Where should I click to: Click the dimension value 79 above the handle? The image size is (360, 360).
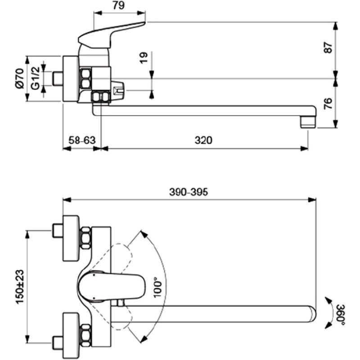pyautogui.click(x=119, y=5)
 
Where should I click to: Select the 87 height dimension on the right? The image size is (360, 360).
pyautogui.click(x=328, y=48)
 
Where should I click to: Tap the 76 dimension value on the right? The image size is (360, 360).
pyautogui.click(x=328, y=103)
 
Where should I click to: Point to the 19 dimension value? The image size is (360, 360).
pyautogui.click(x=144, y=58)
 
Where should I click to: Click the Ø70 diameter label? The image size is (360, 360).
pyautogui.click(x=20, y=78)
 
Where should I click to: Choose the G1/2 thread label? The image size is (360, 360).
pyautogui.click(x=36, y=78)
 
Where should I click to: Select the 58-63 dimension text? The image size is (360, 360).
pyautogui.click(x=82, y=140)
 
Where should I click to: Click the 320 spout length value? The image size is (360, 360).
pyautogui.click(x=203, y=140)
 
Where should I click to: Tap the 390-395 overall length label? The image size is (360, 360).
pyautogui.click(x=189, y=192)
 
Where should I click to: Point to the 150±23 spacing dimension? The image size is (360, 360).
pyautogui.click(x=20, y=287)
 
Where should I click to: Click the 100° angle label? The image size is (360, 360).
pyautogui.click(x=157, y=287)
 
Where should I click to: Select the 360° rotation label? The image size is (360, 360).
pyautogui.click(x=341, y=315)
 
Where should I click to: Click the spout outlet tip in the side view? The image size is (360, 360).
pyautogui.click(x=308, y=123)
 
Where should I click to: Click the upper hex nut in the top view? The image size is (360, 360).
pyautogui.click(x=85, y=238)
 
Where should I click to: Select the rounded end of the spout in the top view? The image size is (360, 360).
pyautogui.click(x=312, y=314)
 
